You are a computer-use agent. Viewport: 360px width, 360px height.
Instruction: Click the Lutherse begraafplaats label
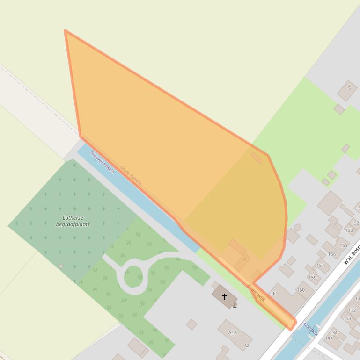pos(73,221)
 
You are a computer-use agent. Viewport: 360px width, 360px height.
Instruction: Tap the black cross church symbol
pos(224,296)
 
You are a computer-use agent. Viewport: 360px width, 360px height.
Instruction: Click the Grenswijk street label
pos(256,293)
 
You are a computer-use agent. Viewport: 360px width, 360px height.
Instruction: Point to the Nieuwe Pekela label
pos(103,162)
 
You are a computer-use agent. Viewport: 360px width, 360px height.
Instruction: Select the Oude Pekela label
pos(131,175)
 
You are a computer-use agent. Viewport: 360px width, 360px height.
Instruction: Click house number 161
pos(274,293)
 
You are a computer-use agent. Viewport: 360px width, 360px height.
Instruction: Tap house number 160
pos(301,290)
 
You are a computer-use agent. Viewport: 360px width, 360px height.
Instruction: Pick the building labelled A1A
pos(233,332)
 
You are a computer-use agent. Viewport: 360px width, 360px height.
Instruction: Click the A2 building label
pos(246,346)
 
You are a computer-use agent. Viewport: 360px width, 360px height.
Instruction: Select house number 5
pos(349,88)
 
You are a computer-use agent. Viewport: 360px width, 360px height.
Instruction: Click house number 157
pos(320,265)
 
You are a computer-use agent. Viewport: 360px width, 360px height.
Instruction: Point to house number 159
pos(312,277)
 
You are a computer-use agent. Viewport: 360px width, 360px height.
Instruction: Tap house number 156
pos(332,254)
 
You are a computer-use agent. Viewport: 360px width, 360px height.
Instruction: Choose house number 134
pos(334,333)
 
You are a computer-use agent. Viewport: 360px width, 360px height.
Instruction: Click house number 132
pos(352,310)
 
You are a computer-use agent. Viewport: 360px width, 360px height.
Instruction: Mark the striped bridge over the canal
pos(310,329)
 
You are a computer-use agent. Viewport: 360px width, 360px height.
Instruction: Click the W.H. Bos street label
pos(351,255)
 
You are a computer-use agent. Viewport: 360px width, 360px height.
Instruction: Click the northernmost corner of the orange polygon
pos(65,30)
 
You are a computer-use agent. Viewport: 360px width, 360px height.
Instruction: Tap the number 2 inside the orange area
pos(244,258)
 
